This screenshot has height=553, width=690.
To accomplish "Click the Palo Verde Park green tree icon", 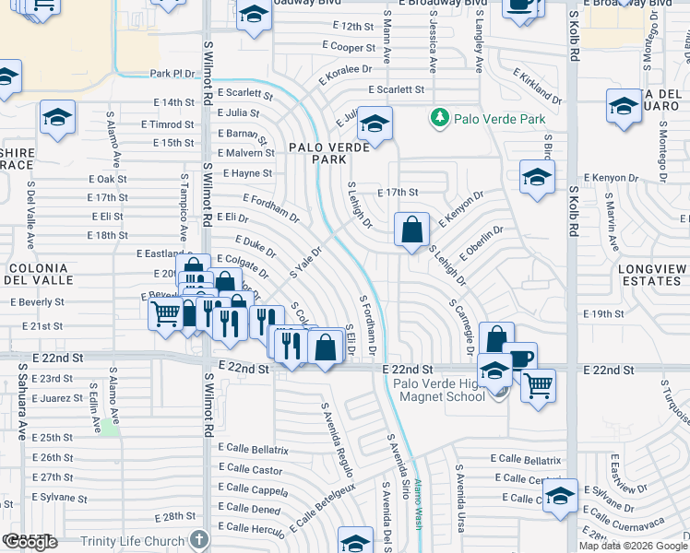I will point(440,118).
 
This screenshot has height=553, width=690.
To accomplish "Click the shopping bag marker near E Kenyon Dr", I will point(411,229).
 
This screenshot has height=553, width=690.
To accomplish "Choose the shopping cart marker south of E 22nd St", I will point(538,383).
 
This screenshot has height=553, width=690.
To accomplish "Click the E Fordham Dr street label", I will point(271,209).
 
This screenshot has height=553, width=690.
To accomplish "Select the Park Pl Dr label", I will point(173,73).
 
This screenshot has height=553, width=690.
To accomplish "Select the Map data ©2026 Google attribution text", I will point(633,546).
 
